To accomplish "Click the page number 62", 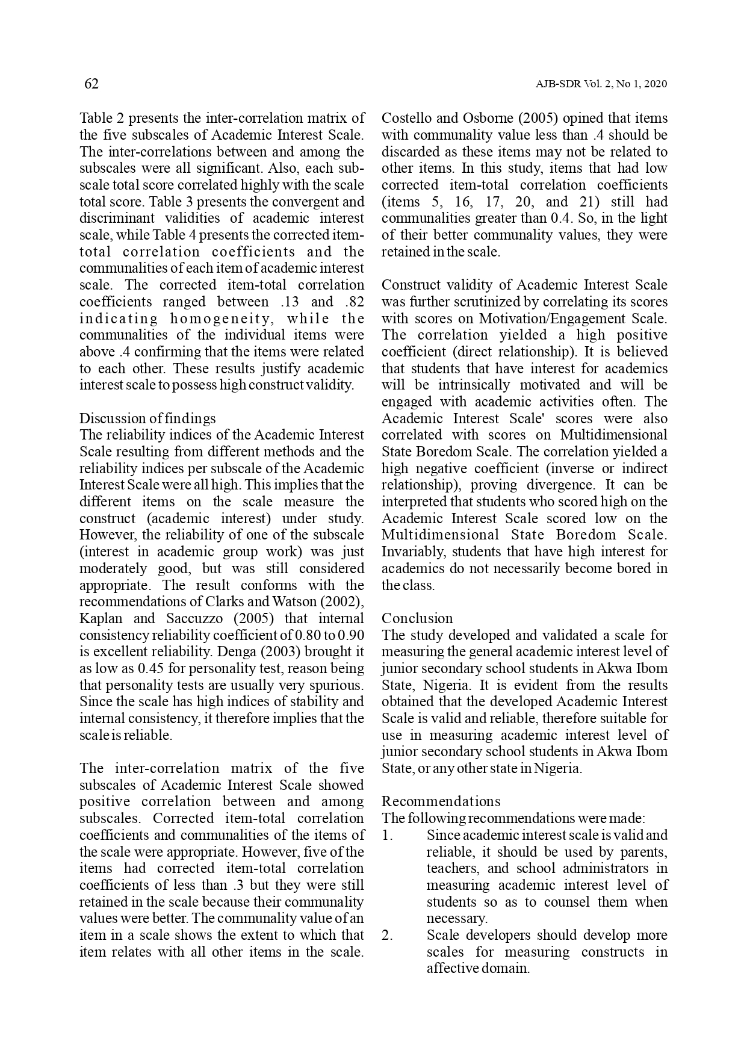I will pyautogui.click(x=91, y=84).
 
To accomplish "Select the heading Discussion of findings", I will pyautogui.click(x=147, y=418).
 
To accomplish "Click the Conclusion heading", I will pyautogui.click(x=417, y=618).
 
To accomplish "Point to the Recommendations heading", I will pyautogui.click(x=441, y=801).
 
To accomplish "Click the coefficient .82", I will pyautogui.click(x=355, y=302).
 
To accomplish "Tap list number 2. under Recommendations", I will pyautogui.click(x=388, y=936).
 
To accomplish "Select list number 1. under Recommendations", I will pyautogui.click(x=387, y=836).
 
